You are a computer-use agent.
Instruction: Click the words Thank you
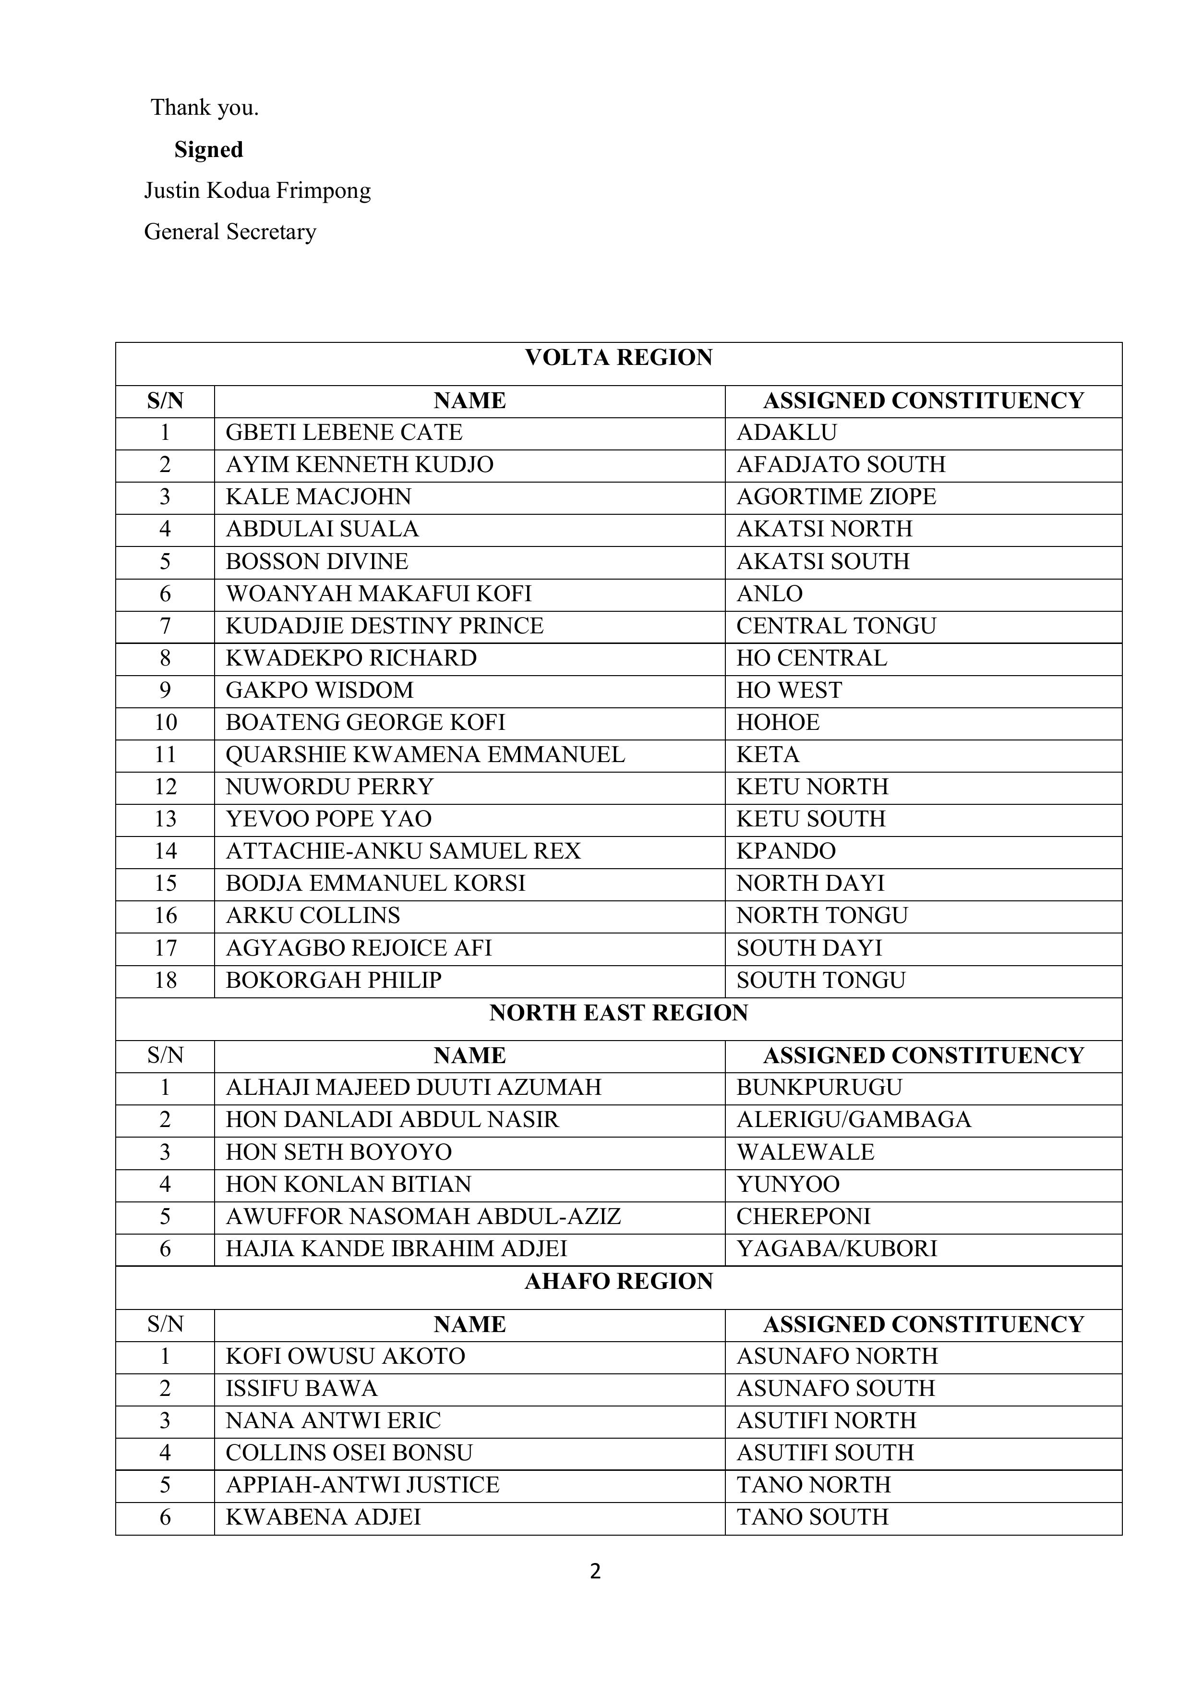click(205, 108)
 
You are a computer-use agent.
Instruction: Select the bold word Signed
click(208, 150)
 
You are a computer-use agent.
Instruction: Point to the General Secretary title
click(229, 232)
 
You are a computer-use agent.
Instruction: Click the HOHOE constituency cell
click(777, 723)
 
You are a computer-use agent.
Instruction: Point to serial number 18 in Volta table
click(165, 981)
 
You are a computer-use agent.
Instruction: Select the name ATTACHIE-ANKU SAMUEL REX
click(403, 851)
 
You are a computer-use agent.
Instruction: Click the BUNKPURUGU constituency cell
click(819, 1088)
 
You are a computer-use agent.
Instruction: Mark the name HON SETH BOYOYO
click(338, 1152)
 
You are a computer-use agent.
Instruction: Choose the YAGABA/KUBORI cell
click(837, 1249)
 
